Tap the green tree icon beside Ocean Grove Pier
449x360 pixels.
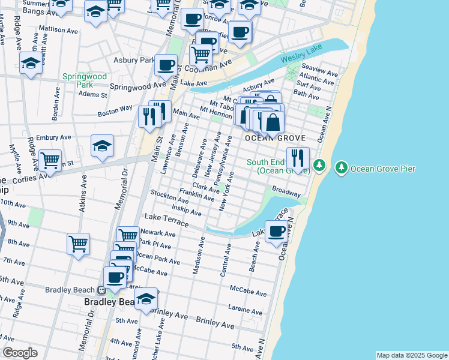[342, 166]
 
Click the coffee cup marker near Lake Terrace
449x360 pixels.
[277, 231]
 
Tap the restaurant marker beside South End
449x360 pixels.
[298, 158]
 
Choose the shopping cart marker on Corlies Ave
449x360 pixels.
[50, 160]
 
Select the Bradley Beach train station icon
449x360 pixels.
[101, 290]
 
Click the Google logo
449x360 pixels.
[19, 353]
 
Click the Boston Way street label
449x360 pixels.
[115, 111]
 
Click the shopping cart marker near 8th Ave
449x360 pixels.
[78, 244]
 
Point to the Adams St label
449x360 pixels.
[92, 94]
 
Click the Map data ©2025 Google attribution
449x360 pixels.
[411, 355]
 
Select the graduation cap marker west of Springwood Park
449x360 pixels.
[31, 63]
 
